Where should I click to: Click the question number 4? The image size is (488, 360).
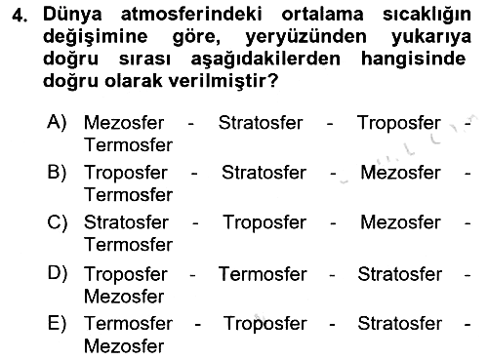20,16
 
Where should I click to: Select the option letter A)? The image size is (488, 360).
57,123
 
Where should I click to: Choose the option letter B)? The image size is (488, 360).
57,172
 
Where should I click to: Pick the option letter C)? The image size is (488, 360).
58,222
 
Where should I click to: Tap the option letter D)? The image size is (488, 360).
58,273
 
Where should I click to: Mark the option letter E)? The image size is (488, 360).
57,323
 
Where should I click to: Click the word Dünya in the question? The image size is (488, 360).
72,16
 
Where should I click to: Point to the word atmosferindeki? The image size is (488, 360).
191,15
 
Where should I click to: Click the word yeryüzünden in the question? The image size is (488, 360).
305,37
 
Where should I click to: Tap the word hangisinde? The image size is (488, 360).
413,60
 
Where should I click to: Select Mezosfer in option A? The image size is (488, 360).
124,123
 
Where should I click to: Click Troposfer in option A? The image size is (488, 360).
399,124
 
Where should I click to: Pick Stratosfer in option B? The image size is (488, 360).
264,173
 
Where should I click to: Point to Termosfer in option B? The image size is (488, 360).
128,195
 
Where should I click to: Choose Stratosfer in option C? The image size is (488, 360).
126,222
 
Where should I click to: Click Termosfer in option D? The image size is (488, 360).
263,274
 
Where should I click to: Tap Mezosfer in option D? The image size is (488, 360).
124,297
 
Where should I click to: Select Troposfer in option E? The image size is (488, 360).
264,325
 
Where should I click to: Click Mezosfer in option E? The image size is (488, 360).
124,346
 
